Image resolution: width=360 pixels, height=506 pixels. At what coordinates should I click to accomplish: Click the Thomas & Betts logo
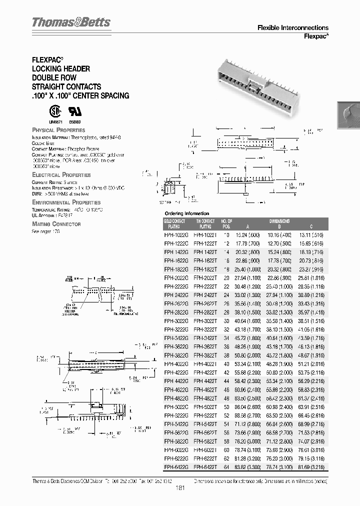pos(71,22)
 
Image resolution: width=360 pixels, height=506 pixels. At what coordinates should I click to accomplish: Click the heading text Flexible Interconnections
pos(292,28)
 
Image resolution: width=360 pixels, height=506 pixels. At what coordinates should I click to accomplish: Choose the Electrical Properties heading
pos(61,175)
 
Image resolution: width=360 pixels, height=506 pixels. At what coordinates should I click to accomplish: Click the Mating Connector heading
pos(56,224)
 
